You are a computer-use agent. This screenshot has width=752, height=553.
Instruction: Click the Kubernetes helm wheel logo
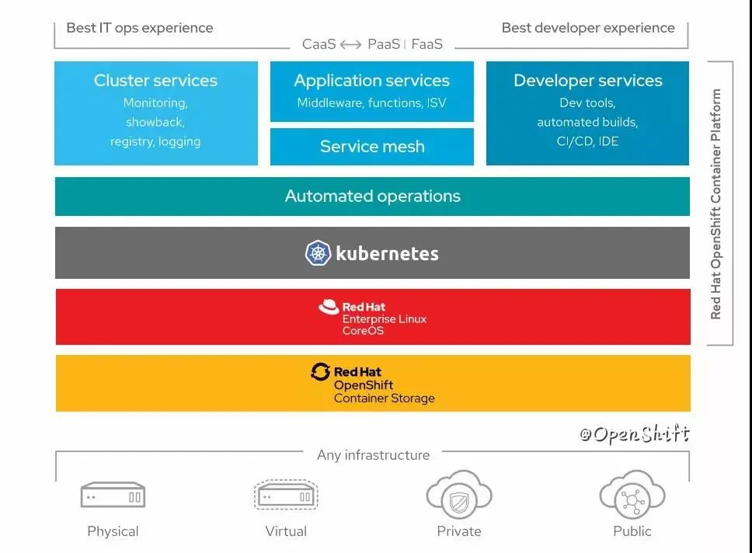pyautogui.click(x=318, y=252)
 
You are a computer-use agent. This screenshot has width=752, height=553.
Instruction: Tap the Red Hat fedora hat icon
pyautogui.click(x=329, y=307)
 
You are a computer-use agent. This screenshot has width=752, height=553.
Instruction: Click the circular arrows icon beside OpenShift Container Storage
pyautogui.click(x=320, y=372)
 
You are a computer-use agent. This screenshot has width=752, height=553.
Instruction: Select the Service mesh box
pyautogui.click(x=371, y=146)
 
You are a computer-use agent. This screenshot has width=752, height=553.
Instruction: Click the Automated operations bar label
pyautogui.click(x=373, y=196)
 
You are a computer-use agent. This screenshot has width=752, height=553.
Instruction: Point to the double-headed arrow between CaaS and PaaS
pyautogui.click(x=350, y=44)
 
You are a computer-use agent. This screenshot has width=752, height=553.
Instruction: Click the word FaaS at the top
pyautogui.click(x=426, y=44)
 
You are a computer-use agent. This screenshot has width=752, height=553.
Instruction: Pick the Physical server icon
pyautogui.click(x=113, y=495)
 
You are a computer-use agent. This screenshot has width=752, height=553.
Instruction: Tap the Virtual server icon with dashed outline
pyautogui.click(x=286, y=495)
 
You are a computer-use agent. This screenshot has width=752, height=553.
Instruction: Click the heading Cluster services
pyautogui.click(x=155, y=80)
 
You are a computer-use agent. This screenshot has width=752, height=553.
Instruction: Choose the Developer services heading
pyautogui.click(x=587, y=80)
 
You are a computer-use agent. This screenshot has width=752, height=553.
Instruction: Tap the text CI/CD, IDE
pyautogui.click(x=587, y=141)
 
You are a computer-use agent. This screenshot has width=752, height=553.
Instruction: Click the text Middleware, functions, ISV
pyautogui.click(x=371, y=103)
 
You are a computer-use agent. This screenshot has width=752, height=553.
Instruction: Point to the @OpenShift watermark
pyautogui.click(x=635, y=434)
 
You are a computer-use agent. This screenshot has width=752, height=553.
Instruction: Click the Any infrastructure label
pyautogui.click(x=373, y=454)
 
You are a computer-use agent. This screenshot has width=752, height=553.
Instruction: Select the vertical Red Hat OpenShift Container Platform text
pyautogui.click(x=715, y=203)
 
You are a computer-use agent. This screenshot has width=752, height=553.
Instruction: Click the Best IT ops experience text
pyautogui.click(x=140, y=28)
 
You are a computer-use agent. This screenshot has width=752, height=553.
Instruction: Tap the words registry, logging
pyautogui.click(x=155, y=141)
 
